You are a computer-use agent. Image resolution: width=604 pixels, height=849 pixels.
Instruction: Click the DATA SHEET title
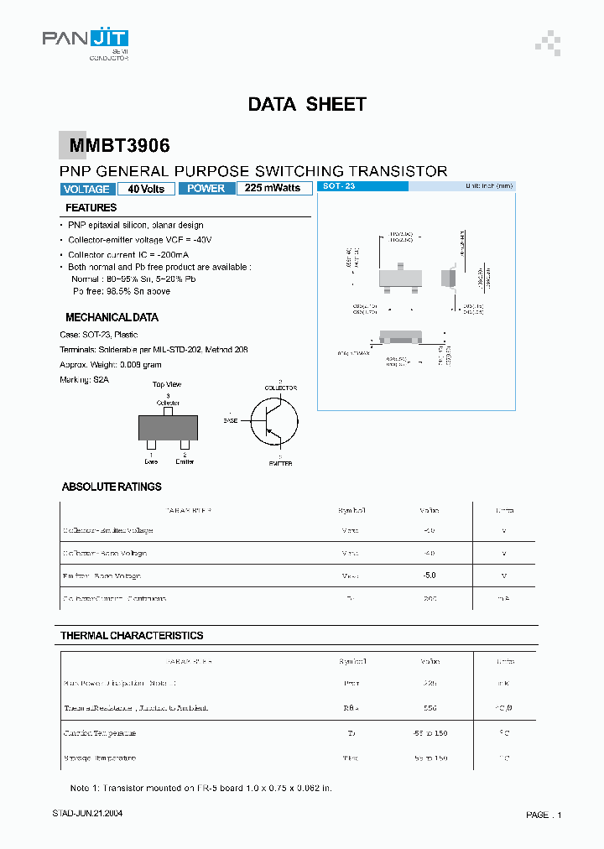coord(307,104)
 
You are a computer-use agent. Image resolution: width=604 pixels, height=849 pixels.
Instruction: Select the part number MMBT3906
coord(119,146)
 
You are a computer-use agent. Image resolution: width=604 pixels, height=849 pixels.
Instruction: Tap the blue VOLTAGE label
coord(86,189)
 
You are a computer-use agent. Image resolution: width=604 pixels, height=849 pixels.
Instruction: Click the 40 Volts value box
coord(146,189)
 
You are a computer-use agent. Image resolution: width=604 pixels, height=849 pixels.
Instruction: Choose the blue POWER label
coord(206,189)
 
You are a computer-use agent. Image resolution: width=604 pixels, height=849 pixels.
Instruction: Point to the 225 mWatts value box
coord(273,189)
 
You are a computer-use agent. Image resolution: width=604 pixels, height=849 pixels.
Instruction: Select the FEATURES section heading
coord(91,207)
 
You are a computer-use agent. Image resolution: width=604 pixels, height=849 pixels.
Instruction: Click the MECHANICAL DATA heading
coord(112,317)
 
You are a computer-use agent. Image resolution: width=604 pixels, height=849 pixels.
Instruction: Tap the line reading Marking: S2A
coord(85,379)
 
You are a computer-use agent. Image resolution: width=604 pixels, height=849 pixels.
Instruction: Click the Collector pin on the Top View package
coord(168,409)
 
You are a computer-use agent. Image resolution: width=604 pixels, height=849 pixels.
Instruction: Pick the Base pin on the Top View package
coord(151,445)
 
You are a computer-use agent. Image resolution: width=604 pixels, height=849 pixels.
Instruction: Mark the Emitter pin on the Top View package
coord(185,445)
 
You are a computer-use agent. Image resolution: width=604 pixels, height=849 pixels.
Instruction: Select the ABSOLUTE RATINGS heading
coord(112,487)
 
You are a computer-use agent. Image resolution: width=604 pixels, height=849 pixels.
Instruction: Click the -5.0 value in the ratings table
coord(429,576)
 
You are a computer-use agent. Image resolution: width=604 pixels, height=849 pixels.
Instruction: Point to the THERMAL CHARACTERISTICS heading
coord(132,636)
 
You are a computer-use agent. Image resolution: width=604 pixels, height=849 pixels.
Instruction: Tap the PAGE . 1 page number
coord(544,815)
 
